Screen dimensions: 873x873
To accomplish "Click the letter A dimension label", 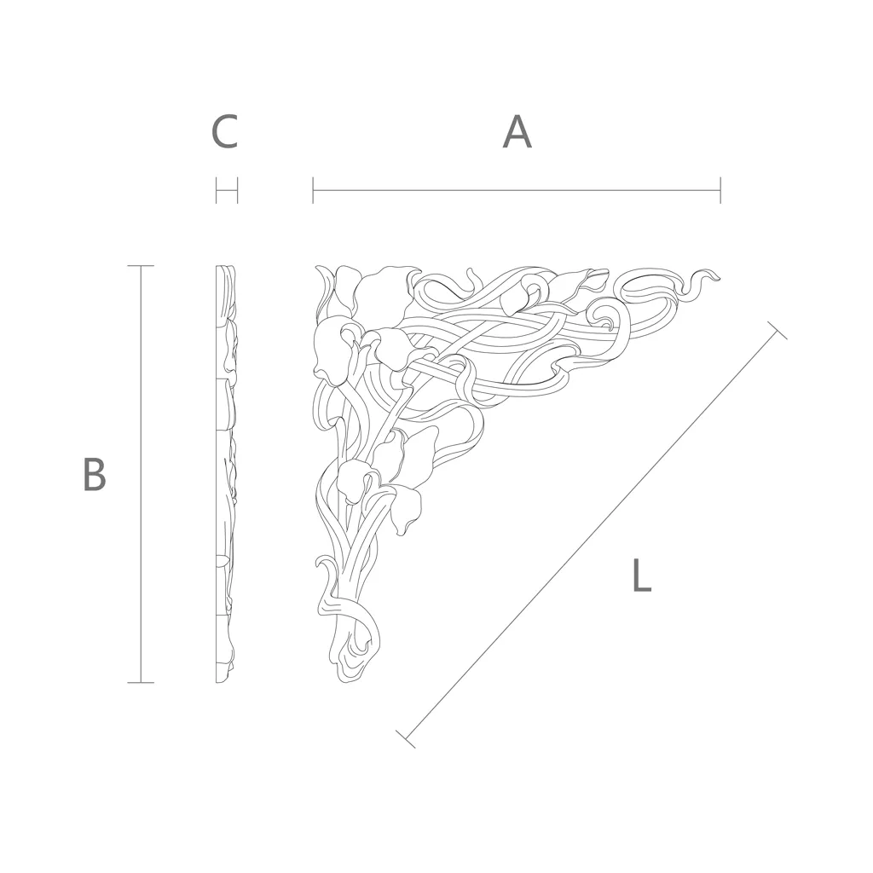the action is click(x=517, y=132).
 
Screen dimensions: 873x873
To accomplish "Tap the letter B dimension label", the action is click(x=95, y=474).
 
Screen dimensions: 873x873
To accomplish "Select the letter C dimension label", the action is click(x=225, y=132).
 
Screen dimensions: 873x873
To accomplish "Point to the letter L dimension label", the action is click(x=642, y=575).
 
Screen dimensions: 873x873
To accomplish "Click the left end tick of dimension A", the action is click(x=313, y=190).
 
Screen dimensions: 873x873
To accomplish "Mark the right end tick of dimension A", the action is click(x=720, y=190).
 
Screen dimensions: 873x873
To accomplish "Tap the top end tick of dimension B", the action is click(x=141, y=266).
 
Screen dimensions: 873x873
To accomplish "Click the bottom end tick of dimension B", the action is click(x=141, y=682).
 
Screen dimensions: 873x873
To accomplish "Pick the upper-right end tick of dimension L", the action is click(x=778, y=330).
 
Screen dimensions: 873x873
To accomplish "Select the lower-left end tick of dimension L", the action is click(x=406, y=738).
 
